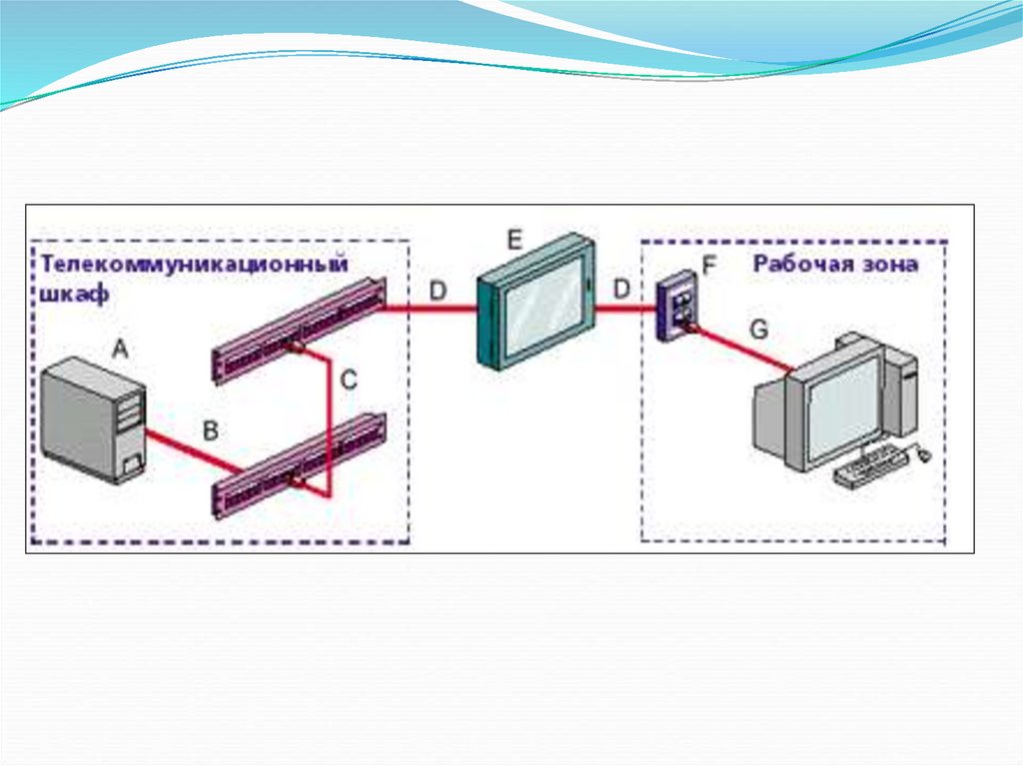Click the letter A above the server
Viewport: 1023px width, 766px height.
coord(119,349)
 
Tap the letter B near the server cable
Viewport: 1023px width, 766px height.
coord(210,430)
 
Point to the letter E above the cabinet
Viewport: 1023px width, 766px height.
coord(514,240)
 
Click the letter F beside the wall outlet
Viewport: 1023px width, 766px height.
coord(710,266)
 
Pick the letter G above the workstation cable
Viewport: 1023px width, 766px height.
coord(759,330)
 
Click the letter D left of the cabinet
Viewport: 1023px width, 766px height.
coord(439,290)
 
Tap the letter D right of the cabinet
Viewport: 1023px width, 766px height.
coord(621,290)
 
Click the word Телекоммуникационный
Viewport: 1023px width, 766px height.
coord(194,265)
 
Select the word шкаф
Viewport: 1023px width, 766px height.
coord(70,296)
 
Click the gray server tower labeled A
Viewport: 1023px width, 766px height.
coord(94,419)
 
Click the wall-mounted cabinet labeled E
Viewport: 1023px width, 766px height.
coord(536,301)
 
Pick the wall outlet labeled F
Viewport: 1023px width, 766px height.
coord(674,310)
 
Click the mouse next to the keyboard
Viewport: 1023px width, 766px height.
coord(923,454)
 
